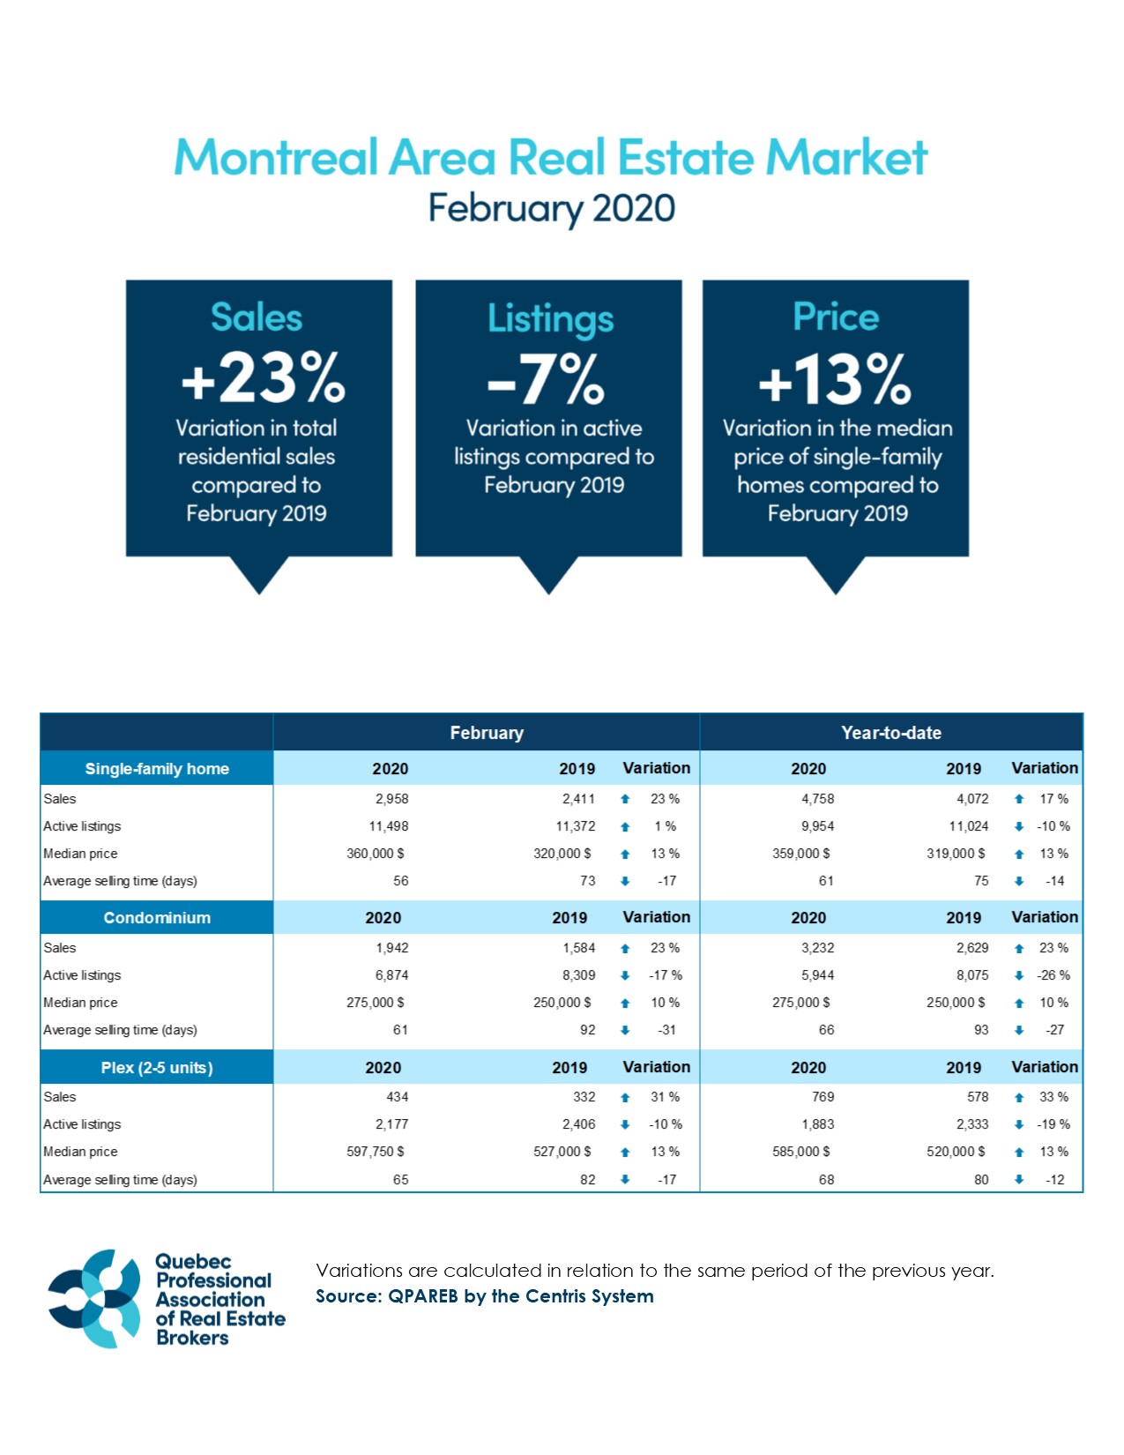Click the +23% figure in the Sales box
tap(262, 378)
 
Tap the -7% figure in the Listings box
tap(546, 380)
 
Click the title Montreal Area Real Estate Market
tap(550, 157)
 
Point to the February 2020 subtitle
tap(552, 209)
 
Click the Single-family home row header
tap(157, 768)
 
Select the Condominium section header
tap(157, 918)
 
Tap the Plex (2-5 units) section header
tap(157, 1067)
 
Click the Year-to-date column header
tap(890, 733)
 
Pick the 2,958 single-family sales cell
tap(391, 799)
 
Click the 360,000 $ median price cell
tap(376, 854)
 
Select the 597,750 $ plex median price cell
tap(376, 1152)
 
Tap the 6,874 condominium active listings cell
tap(391, 975)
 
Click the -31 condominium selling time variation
tap(666, 1030)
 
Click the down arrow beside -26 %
tap(1019, 975)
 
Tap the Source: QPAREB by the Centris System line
tap(485, 1296)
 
